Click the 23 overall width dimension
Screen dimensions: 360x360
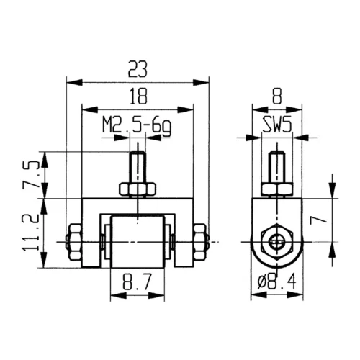click(x=138, y=69)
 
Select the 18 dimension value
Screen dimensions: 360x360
click(x=138, y=96)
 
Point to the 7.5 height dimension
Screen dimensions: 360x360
click(x=30, y=174)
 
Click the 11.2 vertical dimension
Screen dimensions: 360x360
click(x=30, y=233)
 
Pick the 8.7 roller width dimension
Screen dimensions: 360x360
click(x=138, y=282)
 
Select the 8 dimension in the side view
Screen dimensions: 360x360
click(x=277, y=96)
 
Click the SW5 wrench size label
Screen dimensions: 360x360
click(x=277, y=125)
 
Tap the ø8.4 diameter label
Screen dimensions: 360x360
click(x=276, y=282)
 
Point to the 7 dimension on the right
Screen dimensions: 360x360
click(x=318, y=220)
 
